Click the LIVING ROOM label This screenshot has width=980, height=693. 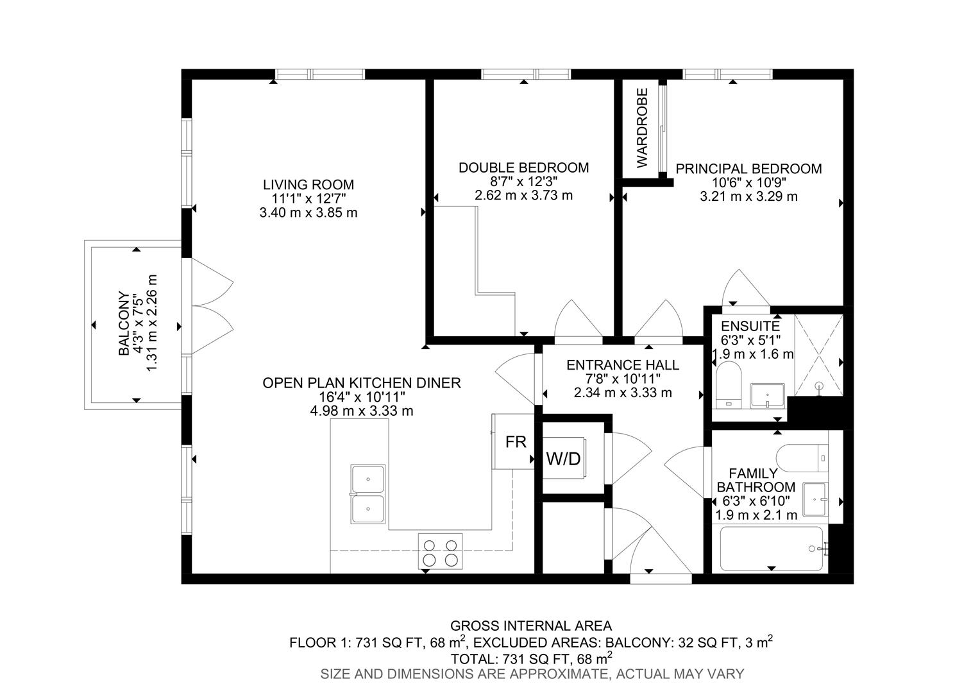pyautogui.click(x=308, y=185)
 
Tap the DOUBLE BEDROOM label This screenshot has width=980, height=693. pyautogui.click(x=523, y=168)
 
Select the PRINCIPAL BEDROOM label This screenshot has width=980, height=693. pyautogui.click(x=748, y=169)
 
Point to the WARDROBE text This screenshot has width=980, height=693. pyautogui.click(x=643, y=128)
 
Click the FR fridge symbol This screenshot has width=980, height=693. pyautogui.click(x=515, y=442)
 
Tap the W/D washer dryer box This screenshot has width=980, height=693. pyautogui.click(x=564, y=459)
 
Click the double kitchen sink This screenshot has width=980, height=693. pyautogui.click(x=367, y=495)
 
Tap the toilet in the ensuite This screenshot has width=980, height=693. pyautogui.click(x=728, y=385)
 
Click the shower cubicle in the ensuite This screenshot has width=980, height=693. pyautogui.click(x=818, y=355)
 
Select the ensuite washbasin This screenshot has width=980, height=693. pyautogui.click(x=767, y=395)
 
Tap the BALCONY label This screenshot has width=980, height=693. pyautogui.click(x=123, y=324)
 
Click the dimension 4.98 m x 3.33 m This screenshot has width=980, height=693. pyautogui.click(x=361, y=411)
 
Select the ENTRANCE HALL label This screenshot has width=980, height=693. pyautogui.click(x=622, y=365)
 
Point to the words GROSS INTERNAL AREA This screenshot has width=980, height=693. pyautogui.click(x=530, y=626)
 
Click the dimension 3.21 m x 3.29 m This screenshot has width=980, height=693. pyautogui.click(x=748, y=196)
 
